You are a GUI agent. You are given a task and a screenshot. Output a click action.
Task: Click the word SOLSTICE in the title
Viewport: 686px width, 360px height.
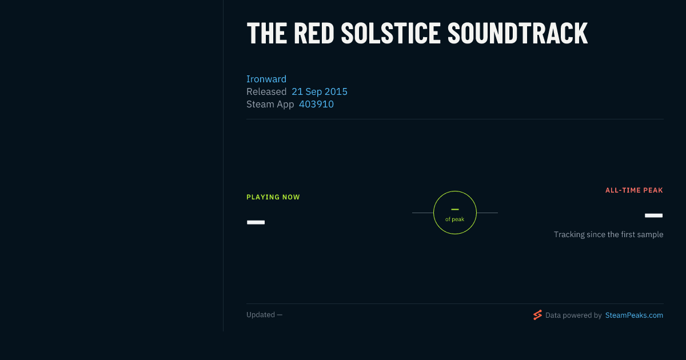click(x=390, y=33)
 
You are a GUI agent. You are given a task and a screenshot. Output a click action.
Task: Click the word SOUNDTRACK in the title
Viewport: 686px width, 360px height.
click(x=517, y=33)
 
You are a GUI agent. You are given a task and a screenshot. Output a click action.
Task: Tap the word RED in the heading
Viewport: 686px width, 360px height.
click(x=314, y=33)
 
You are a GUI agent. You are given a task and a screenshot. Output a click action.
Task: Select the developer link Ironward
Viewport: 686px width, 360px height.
click(x=266, y=79)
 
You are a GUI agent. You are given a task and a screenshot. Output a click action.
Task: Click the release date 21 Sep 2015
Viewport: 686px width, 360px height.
click(x=320, y=91)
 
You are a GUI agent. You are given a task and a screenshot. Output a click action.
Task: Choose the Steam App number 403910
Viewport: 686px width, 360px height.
click(x=316, y=104)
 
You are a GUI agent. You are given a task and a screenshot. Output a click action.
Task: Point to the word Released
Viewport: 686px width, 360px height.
click(x=266, y=91)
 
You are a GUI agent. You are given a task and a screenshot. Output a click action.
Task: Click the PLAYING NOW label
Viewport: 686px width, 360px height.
click(x=273, y=197)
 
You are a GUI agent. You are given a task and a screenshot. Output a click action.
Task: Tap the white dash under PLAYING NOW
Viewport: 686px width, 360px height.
click(x=256, y=222)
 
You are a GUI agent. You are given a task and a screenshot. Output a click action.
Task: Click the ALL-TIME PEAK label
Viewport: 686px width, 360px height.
click(x=634, y=190)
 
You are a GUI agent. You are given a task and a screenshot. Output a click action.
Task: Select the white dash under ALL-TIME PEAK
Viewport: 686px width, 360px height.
click(x=653, y=215)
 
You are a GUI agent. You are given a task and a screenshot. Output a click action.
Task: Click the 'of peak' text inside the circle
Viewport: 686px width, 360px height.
click(x=455, y=219)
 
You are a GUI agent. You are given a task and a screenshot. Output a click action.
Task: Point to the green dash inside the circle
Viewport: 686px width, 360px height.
click(x=455, y=209)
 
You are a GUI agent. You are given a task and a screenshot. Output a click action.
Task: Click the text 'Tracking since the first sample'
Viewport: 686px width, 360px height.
click(x=608, y=234)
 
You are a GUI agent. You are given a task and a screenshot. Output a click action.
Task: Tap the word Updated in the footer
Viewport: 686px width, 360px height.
click(x=261, y=315)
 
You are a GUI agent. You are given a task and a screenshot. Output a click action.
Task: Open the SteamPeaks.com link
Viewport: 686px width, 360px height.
click(x=634, y=315)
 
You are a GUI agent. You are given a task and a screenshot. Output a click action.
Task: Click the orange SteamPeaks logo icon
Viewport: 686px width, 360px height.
click(x=537, y=315)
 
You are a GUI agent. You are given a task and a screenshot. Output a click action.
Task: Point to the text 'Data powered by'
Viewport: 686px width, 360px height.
click(x=573, y=315)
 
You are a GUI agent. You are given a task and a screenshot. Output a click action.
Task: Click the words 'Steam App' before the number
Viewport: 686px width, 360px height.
click(x=270, y=104)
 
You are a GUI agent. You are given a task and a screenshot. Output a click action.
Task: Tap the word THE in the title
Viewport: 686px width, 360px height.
click(x=267, y=33)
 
